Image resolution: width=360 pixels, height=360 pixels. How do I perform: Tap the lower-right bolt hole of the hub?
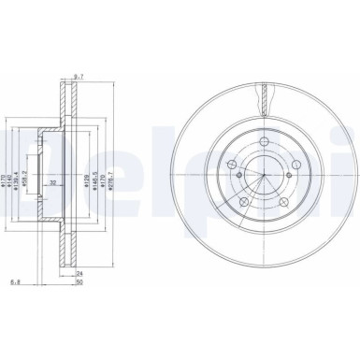(282, 202)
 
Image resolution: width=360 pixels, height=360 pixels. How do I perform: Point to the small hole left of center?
(238, 178)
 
